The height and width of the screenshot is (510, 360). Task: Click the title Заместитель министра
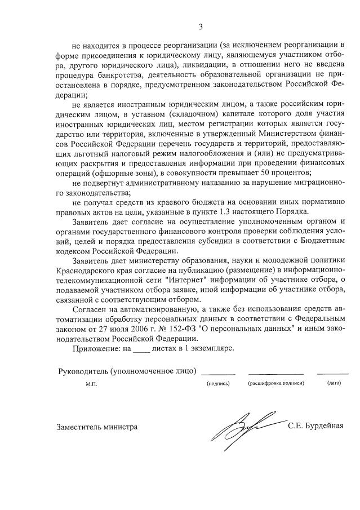pos(97,427)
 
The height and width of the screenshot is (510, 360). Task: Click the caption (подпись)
pos(218,383)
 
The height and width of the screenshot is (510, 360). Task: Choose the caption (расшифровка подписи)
pos(276,383)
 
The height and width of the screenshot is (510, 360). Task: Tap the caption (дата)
pos(333,383)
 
